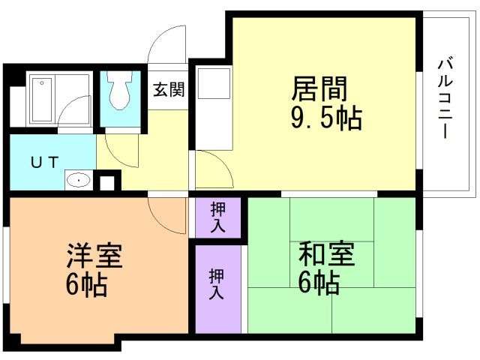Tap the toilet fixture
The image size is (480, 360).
tap(119, 91)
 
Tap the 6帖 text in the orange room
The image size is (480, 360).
tap(84, 286)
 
